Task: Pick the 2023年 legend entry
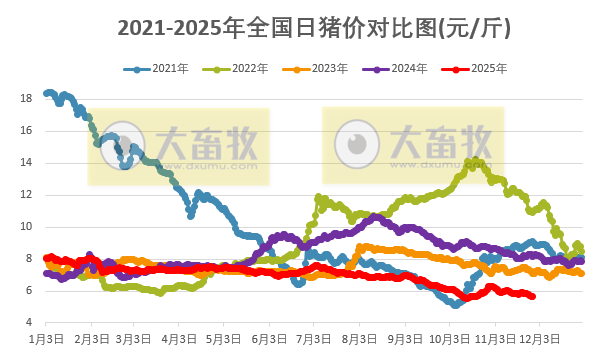(x=321, y=69)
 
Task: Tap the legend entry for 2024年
(x=401, y=69)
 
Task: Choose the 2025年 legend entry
(x=481, y=69)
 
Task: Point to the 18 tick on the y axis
(x=24, y=98)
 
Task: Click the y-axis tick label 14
(x=24, y=162)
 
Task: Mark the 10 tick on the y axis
(x=24, y=226)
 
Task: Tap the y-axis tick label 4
(x=26, y=322)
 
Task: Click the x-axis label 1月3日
(x=46, y=339)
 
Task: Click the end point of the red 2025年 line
(x=532, y=296)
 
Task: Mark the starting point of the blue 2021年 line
(x=47, y=93)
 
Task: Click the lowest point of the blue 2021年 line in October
(x=456, y=304)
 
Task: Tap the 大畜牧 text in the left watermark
(x=204, y=142)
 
